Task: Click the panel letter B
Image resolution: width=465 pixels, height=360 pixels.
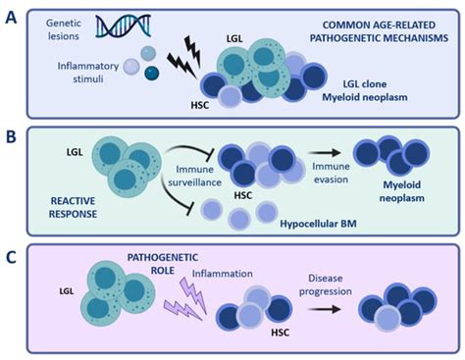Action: tap(12, 130)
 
